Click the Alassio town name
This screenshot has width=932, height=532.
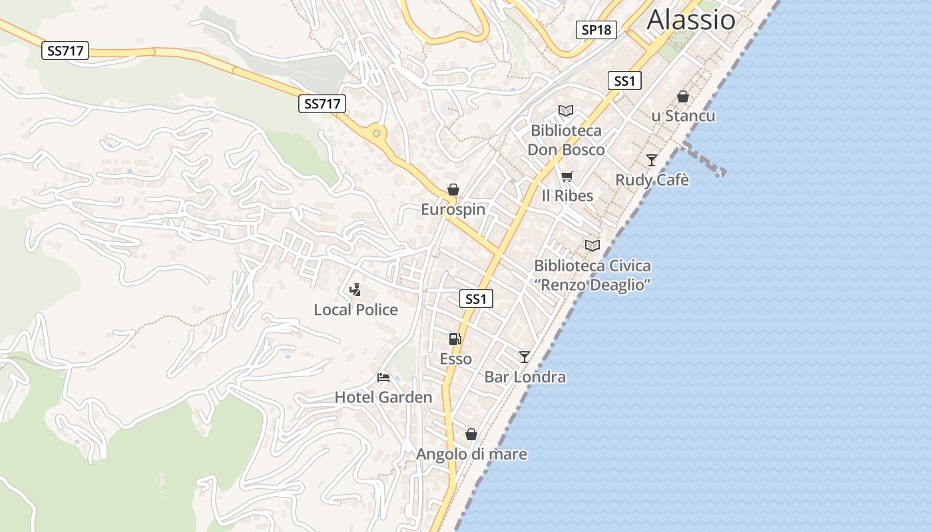point(691,20)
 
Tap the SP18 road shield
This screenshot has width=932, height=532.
point(596,30)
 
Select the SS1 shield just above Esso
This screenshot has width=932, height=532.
point(476,299)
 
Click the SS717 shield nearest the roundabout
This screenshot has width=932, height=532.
point(322,104)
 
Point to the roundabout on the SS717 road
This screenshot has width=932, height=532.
point(377,133)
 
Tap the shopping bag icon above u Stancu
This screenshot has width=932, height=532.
point(683,97)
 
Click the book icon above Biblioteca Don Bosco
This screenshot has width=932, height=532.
point(566,111)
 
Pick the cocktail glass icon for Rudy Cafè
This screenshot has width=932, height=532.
point(652,160)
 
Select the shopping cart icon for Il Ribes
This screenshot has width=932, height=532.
point(567,176)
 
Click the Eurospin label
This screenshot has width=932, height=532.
point(453,209)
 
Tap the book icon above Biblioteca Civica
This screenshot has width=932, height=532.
point(592,246)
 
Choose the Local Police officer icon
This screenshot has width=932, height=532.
point(355,290)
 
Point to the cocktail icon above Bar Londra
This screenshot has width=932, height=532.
point(525,357)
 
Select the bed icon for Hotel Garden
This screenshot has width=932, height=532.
point(383,378)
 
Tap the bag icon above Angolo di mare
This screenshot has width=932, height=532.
point(471,435)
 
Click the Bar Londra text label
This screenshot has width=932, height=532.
point(525,377)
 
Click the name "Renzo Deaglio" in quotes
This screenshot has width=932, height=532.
point(592,285)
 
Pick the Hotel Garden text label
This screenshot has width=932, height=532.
point(383,398)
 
